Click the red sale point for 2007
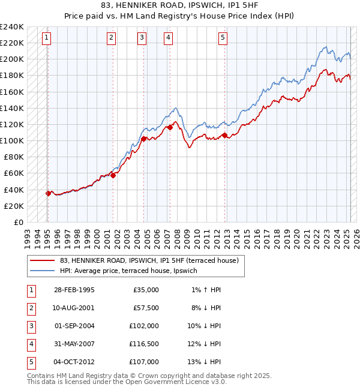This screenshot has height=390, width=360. [170, 127]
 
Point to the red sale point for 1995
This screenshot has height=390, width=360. [48, 193]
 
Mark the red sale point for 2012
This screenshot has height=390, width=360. [224, 135]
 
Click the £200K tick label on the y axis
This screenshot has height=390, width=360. [12, 59]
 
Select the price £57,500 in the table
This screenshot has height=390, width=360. [146, 308]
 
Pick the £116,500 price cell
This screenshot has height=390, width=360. [144, 344]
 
